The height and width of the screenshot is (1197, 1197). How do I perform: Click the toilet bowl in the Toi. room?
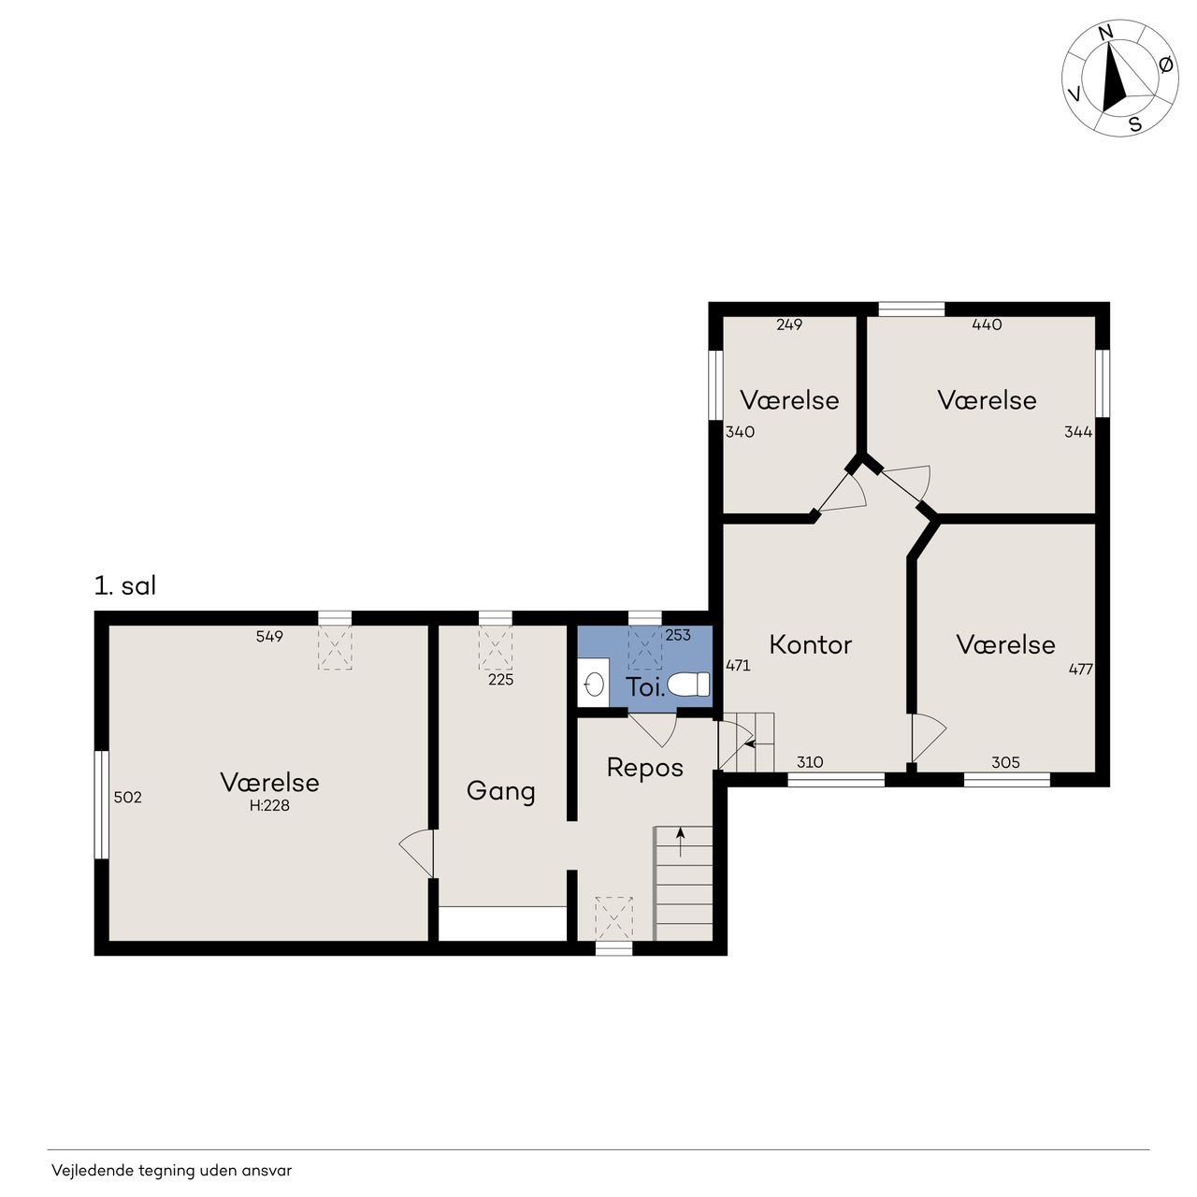(x=688, y=684)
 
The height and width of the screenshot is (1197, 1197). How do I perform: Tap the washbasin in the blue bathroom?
(x=595, y=685)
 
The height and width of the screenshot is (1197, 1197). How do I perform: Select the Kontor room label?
(x=810, y=644)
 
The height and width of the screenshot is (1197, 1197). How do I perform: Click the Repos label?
(x=644, y=768)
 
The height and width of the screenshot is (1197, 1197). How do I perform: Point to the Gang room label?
(x=500, y=791)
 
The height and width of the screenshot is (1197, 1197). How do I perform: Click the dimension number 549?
(x=269, y=636)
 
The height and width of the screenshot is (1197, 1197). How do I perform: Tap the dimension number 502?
(x=128, y=797)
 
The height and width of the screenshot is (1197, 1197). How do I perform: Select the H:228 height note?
(x=269, y=806)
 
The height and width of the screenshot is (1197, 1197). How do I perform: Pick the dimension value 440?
(x=987, y=324)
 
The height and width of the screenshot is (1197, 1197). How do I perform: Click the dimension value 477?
(x=1081, y=669)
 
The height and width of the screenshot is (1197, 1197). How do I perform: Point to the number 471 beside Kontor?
(x=739, y=665)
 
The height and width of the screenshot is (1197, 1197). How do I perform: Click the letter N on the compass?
(x=1105, y=33)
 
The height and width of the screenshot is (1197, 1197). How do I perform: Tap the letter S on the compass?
(x=1135, y=124)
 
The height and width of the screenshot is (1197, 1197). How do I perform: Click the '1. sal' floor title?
(x=125, y=585)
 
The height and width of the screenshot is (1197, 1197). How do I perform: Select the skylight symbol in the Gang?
(x=495, y=647)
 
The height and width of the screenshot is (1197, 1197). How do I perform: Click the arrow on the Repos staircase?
(x=681, y=842)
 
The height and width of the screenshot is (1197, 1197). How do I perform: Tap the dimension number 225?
(x=500, y=680)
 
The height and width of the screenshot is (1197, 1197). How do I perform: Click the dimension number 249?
(x=789, y=324)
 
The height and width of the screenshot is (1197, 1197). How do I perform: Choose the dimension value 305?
(x=1005, y=762)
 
